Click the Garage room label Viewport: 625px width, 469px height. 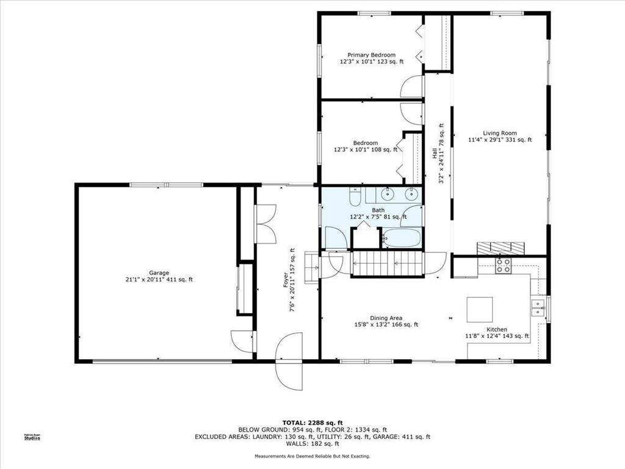point(159,277)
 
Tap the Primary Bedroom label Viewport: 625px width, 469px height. point(372,58)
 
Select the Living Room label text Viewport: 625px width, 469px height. point(500,136)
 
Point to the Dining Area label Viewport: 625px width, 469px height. point(386,321)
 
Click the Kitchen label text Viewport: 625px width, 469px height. point(497,333)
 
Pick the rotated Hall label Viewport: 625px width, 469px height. point(438,153)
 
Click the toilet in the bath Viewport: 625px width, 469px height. point(355,196)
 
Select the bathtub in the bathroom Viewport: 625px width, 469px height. point(402,238)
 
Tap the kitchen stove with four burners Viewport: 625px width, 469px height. point(504,265)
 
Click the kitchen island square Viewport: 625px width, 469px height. point(480,310)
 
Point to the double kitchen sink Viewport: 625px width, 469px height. point(538,308)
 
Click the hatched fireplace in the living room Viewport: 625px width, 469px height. point(500,248)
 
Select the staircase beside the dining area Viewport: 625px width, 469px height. point(386,263)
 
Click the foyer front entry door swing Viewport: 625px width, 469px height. point(289,362)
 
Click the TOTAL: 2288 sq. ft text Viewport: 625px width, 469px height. point(312,423)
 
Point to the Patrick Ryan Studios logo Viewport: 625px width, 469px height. point(32,437)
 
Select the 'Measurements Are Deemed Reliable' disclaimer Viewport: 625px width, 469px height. point(312,456)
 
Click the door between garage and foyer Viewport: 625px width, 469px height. point(243,342)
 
